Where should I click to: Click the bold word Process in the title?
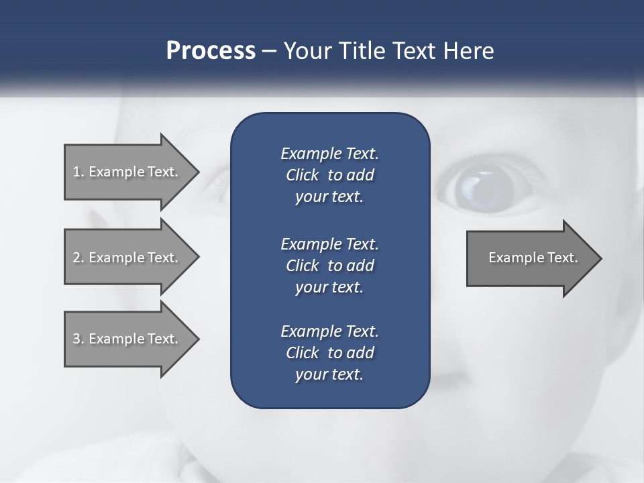tap(211, 51)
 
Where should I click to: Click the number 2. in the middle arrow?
tap(78, 258)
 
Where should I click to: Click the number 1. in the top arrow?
tap(78, 172)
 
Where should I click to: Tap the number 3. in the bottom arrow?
tap(78, 339)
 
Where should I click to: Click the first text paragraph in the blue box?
tap(329, 175)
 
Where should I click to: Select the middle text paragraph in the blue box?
tap(329, 266)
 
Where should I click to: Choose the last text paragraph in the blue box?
tap(329, 353)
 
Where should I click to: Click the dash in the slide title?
tap(270, 51)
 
